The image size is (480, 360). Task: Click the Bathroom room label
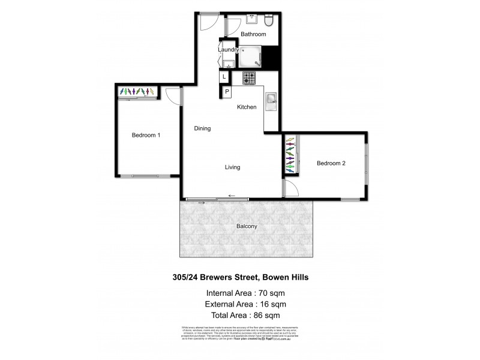click(253, 34)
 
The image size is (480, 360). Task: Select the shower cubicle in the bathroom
click(250, 56)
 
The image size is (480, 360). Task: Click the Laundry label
click(229, 49)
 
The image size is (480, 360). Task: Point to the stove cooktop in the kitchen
click(249, 78)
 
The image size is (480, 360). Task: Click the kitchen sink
click(271, 99)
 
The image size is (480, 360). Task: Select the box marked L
click(224, 77)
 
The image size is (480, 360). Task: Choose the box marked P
click(228, 92)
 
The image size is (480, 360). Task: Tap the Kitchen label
click(247, 107)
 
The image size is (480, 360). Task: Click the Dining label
click(202, 128)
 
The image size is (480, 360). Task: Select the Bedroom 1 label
click(146, 136)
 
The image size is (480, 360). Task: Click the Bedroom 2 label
click(331, 163)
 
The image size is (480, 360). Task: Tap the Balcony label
click(247, 226)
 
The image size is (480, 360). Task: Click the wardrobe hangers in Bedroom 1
click(137, 91)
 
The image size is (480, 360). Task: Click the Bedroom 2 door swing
click(290, 189)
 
